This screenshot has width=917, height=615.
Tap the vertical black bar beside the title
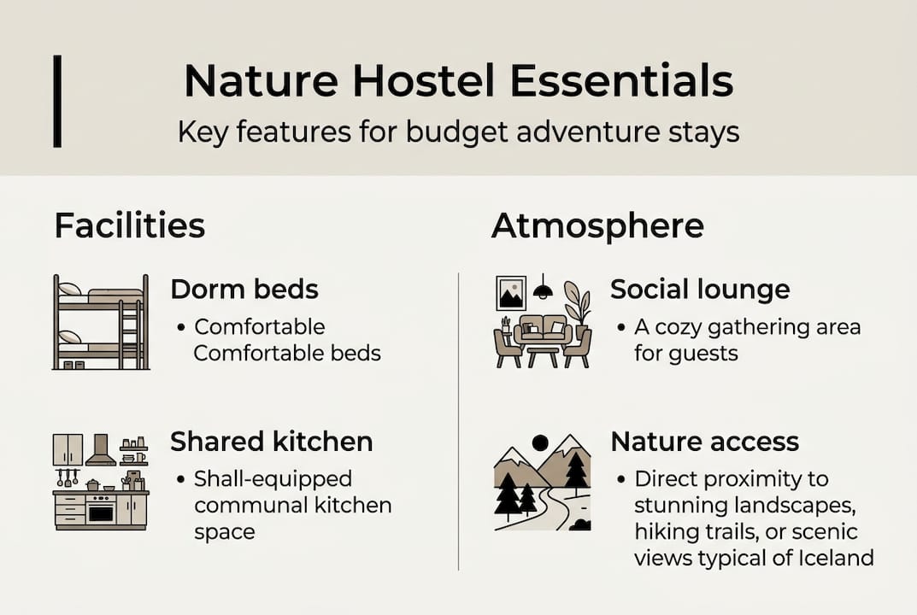click(57, 101)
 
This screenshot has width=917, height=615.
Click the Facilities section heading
click(129, 226)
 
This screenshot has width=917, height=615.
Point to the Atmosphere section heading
click(597, 226)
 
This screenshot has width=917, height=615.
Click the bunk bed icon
click(100, 322)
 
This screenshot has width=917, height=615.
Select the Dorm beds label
click(244, 290)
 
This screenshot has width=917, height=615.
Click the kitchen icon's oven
click(102, 511)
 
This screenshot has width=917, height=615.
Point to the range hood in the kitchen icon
click(101, 450)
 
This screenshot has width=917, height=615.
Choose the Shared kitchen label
click(271, 442)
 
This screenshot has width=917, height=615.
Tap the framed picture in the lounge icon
click(511, 294)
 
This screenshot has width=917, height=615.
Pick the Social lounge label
click(699, 290)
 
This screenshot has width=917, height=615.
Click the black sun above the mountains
click(539, 442)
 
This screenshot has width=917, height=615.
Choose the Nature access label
click(704, 442)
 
